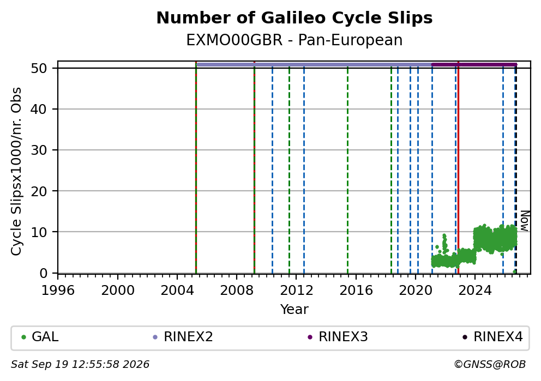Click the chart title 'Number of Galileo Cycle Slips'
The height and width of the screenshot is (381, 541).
point(294,18)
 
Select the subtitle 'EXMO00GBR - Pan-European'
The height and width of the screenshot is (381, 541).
point(294,40)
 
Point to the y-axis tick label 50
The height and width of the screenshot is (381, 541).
point(39,68)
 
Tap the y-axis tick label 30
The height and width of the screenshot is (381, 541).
point(39,150)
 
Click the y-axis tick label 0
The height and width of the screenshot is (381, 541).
point(43,273)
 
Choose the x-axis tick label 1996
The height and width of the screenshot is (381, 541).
point(58,291)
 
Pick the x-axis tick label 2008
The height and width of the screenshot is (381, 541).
point(237,291)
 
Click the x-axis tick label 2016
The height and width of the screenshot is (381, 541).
point(356,291)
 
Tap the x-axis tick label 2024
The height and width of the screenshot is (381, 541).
point(475,291)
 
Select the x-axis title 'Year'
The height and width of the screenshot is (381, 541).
point(294,309)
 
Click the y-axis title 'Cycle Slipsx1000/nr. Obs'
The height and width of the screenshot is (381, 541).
point(16,171)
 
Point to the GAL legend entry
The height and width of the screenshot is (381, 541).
point(40,337)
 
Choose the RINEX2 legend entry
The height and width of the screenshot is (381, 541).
point(183,337)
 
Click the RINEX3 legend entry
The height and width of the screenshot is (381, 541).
point(338,337)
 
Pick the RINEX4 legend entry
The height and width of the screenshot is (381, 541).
point(492,337)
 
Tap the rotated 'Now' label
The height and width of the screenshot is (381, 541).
point(525,221)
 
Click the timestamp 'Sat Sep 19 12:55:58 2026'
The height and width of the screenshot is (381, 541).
point(80,365)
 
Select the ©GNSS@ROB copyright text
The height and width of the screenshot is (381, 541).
point(490,365)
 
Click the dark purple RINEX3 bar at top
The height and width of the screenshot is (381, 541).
point(474,64)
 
